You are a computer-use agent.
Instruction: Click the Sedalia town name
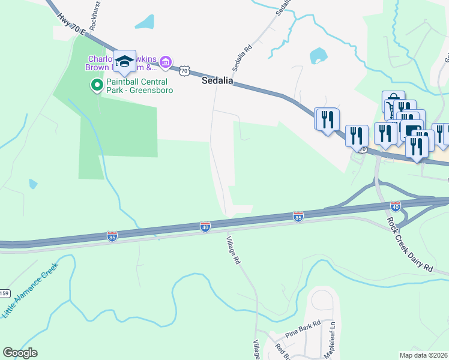[216, 81]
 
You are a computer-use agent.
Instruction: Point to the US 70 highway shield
[184, 71]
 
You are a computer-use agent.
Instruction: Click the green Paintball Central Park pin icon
[95, 85]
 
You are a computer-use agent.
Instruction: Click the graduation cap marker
[124, 61]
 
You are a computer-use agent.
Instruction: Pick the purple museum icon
[166, 62]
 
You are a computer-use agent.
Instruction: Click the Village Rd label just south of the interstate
[233, 251]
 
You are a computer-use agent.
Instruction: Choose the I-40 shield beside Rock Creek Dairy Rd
[395, 206]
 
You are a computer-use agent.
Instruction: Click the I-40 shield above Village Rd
[205, 226]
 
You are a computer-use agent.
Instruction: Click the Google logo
[20, 353]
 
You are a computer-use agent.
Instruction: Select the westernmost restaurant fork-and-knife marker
[327, 119]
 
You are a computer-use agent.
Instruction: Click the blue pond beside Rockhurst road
[144, 22]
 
